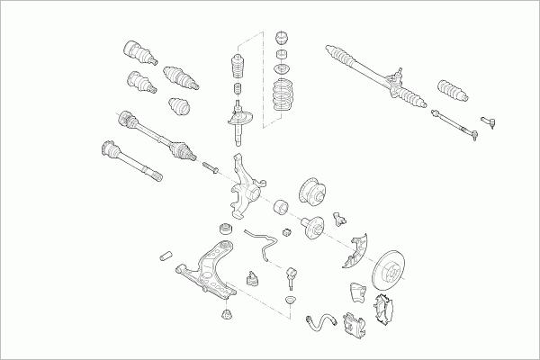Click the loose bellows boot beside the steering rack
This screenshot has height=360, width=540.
451,90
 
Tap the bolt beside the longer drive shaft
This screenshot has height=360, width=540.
211,167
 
